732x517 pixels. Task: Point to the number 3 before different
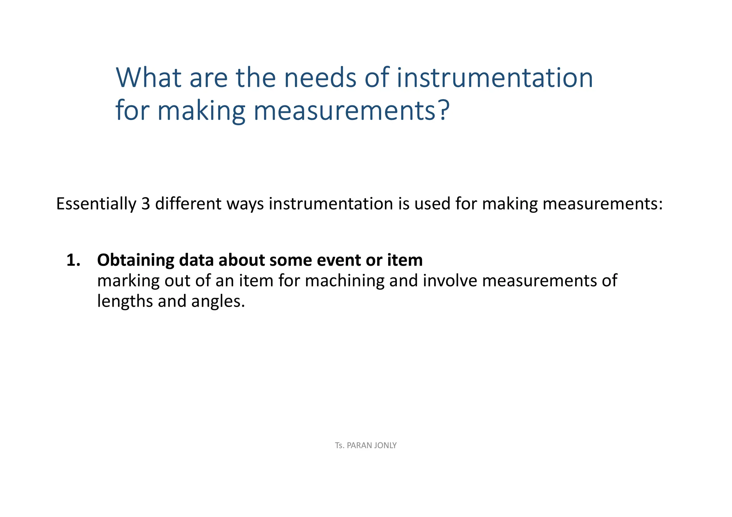click(x=145, y=204)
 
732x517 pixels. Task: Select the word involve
click(x=450, y=281)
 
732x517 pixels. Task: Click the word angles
click(x=218, y=301)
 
